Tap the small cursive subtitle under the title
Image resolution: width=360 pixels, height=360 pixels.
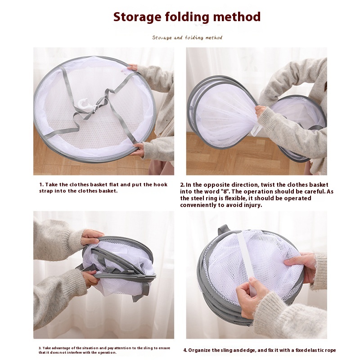point(187,37)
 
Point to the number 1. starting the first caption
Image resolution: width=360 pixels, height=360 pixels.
point(41,185)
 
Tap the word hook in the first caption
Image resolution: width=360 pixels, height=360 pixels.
point(161,185)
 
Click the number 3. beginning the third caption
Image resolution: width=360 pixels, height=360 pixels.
point(40,348)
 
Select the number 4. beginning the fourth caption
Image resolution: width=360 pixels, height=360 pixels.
point(185,351)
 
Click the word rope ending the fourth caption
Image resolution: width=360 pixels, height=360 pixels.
point(331,351)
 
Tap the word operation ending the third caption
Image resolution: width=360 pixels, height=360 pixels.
point(107,353)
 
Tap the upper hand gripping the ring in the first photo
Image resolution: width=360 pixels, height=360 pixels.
point(133,67)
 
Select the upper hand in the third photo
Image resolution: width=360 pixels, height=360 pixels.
point(92,237)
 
